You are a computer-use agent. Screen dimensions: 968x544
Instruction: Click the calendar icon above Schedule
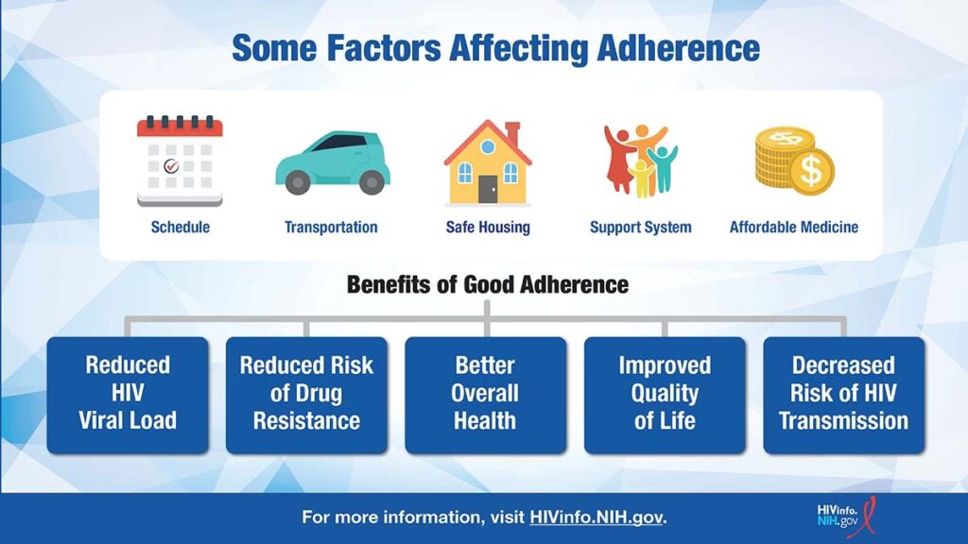pyautogui.click(x=180, y=161)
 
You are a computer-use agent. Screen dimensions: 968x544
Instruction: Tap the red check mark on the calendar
pyautogui.click(x=171, y=165)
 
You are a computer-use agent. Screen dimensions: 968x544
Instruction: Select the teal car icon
pyautogui.click(x=333, y=162)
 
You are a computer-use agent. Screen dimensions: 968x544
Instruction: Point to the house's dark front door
pyautogui.click(x=488, y=189)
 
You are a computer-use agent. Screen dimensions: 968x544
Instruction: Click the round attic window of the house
pyautogui.click(x=488, y=147)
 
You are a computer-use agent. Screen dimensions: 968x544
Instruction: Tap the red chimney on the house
pyautogui.click(x=512, y=133)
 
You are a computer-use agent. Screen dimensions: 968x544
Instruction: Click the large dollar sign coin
pyautogui.click(x=810, y=171)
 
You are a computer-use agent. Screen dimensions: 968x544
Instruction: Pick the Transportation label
pyautogui.click(x=331, y=227)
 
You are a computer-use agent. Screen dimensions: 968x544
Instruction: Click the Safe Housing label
pyautogui.click(x=488, y=227)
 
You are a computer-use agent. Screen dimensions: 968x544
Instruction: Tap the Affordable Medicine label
pyautogui.click(x=794, y=227)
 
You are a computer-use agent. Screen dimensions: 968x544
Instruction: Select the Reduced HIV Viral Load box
pyautogui.click(x=128, y=396)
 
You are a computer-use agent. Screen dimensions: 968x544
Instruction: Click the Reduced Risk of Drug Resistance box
pyautogui.click(x=307, y=396)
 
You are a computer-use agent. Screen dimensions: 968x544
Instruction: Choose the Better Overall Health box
pyautogui.click(x=486, y=396)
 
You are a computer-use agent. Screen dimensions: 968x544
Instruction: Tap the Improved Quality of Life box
pyautogui.click(x=665, y=396)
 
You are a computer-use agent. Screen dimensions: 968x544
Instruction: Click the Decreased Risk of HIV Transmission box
pyautogui.click(x=844, y=396)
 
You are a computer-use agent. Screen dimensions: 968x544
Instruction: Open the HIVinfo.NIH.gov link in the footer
pyautogui.click(x=596, y=517)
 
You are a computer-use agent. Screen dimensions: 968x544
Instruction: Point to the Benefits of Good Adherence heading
pyautogui.click(x=488, y=285)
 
